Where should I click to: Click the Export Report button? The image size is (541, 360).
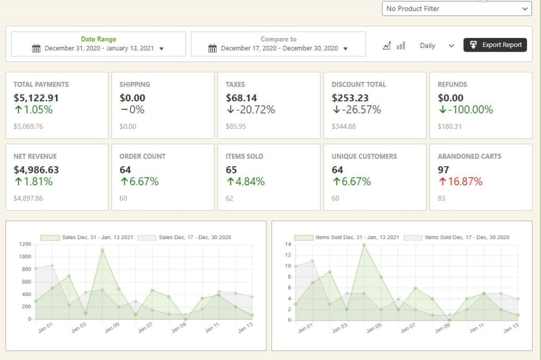click(x=495, y=45)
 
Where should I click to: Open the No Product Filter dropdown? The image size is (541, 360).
click(x=456, y=8)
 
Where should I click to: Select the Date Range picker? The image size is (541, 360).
click(x=98, y=44)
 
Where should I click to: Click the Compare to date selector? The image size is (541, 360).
click(x=278, y=44)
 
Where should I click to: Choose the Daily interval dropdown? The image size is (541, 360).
click(x=436, y=45)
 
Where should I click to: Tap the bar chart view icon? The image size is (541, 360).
click(x=401, y=45)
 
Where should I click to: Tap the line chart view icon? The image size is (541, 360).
click(x=387, y=45)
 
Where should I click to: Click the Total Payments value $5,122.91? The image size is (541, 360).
click(x=36, y=98)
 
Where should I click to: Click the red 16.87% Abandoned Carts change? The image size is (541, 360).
click(x=460, y=182)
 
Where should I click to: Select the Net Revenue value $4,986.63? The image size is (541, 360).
click(x=36, y=169)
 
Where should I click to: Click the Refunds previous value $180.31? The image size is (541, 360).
click(x=450, y=126)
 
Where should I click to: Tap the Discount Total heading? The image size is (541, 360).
click(x=359, y=84)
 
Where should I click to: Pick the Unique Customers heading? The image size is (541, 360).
click(x=364, y=156)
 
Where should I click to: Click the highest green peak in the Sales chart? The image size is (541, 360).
click(x=102, y=250)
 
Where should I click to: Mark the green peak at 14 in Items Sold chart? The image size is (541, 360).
click(x=363, y=244)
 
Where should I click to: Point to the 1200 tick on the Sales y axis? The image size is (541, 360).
click(x=25, y=244)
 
